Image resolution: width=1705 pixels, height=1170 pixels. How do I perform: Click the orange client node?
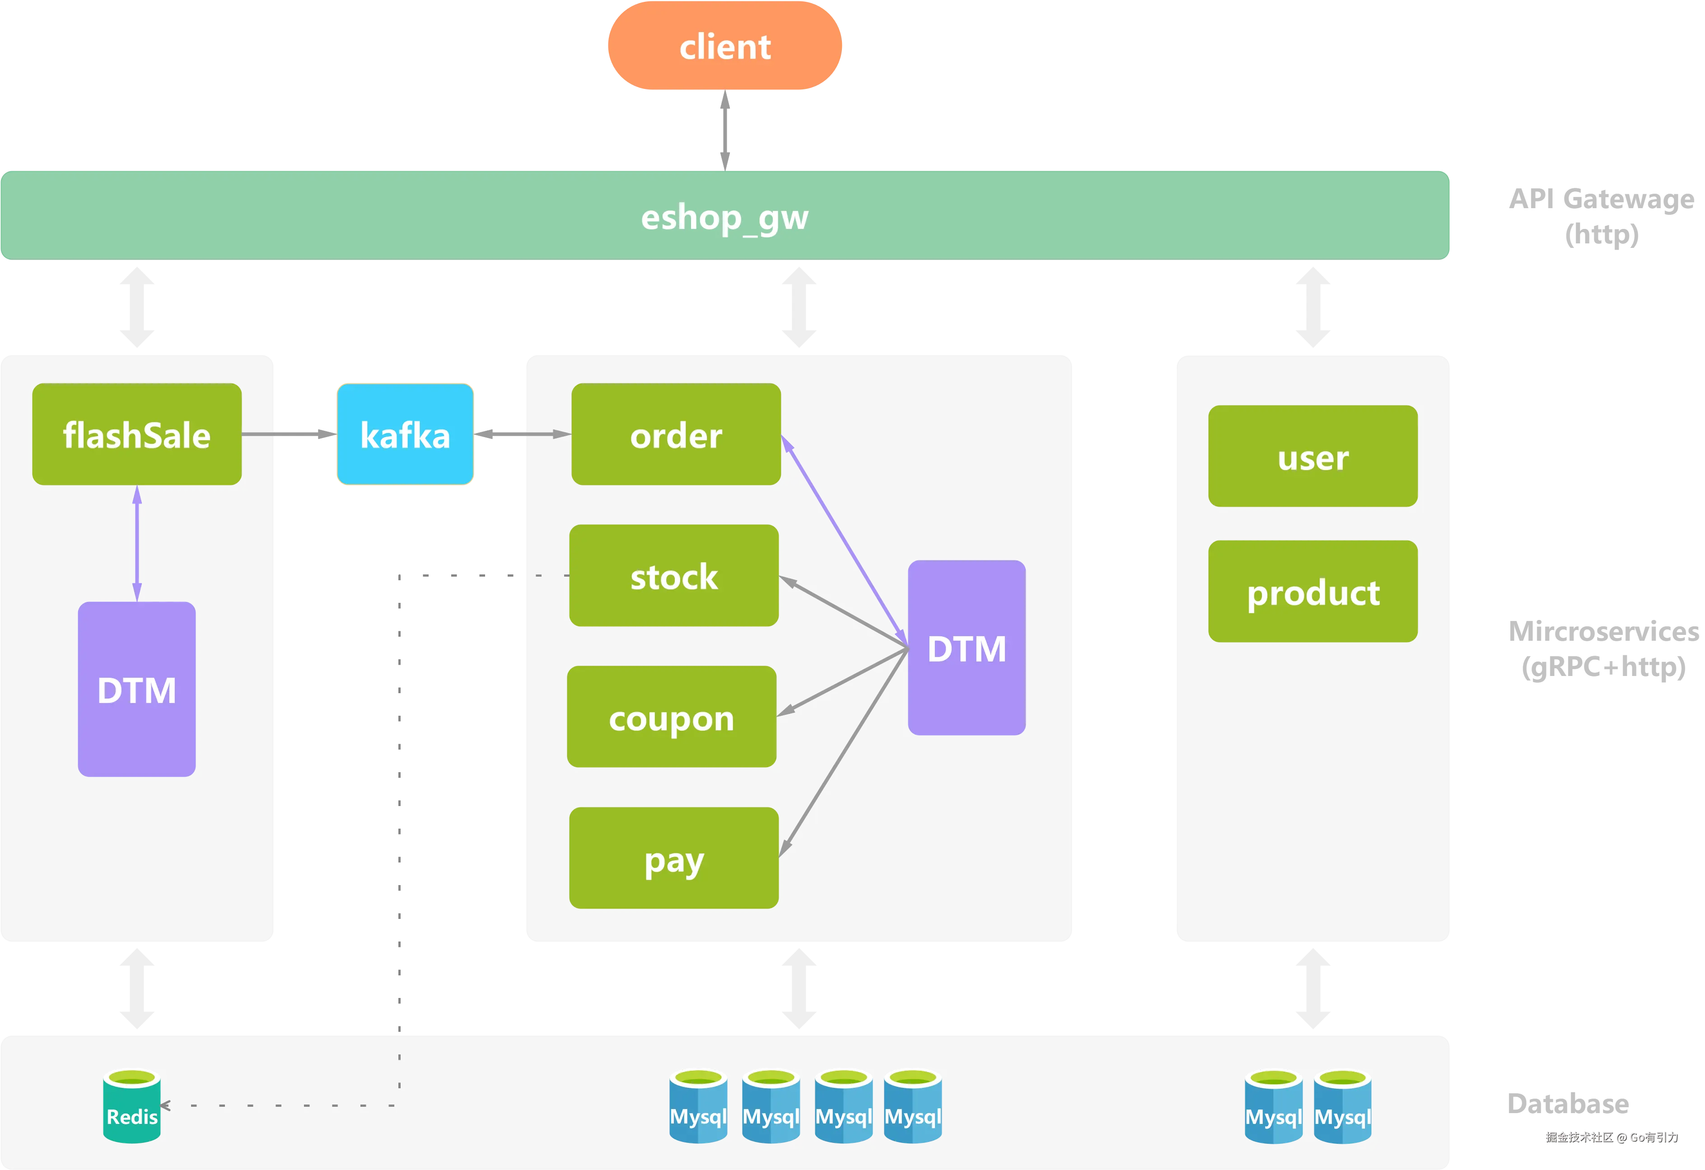tap(725, 46)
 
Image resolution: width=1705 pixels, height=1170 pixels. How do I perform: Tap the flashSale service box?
tap(136, 434)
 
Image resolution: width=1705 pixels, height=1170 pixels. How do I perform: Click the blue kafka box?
tap(405, 434)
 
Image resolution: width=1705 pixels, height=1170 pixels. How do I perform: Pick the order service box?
tap(676, 434)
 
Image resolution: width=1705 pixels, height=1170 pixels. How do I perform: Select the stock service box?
tap(673, 576)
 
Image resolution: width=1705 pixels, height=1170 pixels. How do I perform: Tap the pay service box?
tap(673, 858)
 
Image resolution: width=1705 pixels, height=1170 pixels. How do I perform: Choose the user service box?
tap(1313, 456)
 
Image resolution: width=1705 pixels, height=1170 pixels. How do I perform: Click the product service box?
tap(1313, 591)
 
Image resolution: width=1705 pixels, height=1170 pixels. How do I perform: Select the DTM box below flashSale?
tap(136, 690)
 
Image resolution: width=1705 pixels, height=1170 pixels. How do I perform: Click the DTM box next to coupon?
tap(966, 648)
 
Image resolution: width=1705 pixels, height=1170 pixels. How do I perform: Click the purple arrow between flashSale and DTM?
tap(136, 543)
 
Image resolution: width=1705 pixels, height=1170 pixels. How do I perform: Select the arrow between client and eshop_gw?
tap(725, 131)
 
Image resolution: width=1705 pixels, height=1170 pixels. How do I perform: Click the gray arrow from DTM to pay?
tap(844, 755)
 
